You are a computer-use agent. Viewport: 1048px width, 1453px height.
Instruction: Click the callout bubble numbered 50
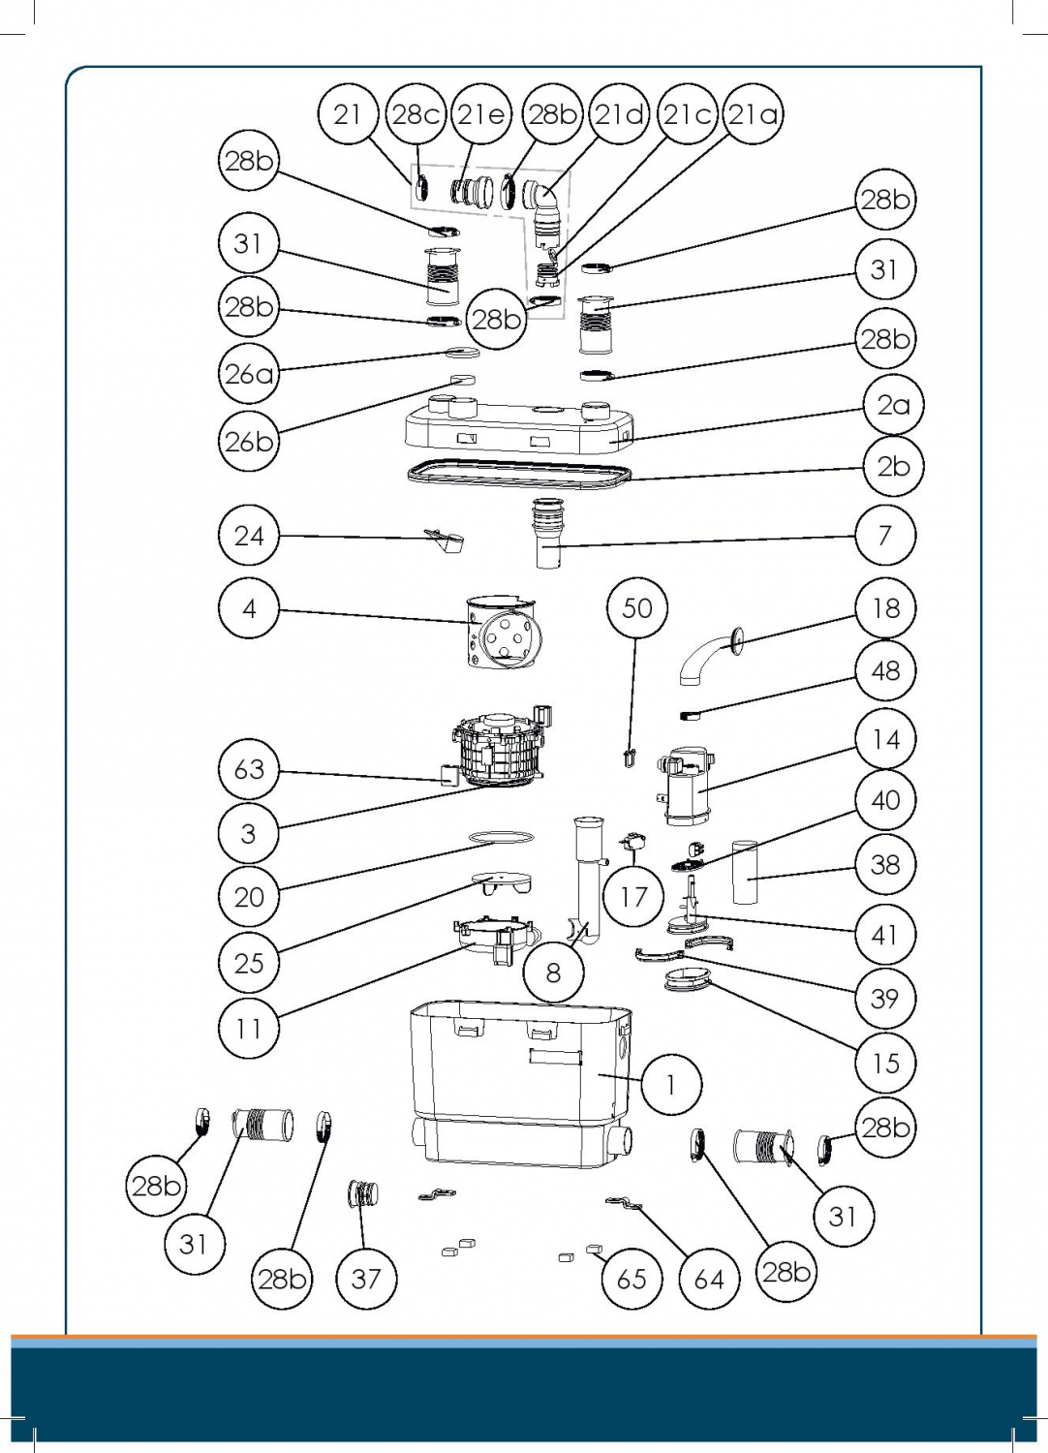[636, 608]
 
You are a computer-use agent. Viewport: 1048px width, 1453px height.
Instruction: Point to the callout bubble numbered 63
[249, 769]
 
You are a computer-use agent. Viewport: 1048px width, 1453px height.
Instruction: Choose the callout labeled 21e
[481, 114]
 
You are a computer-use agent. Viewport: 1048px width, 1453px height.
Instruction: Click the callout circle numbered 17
[632, 897]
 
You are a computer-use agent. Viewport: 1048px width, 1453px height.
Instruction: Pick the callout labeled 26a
[249, 373]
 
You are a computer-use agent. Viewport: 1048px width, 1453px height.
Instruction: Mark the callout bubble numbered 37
[366, 1279]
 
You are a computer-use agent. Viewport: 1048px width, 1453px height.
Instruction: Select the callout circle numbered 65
[632, 1279]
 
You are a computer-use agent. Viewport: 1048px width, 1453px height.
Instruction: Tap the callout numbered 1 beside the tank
[671, 1084]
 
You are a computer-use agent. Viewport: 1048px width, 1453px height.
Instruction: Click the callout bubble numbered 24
[249, 535]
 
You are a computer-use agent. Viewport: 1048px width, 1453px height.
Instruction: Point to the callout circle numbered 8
[553, 972]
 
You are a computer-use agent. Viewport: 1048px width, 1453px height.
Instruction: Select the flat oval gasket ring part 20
[501, 835]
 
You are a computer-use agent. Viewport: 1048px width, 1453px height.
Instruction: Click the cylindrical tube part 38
[745, 872]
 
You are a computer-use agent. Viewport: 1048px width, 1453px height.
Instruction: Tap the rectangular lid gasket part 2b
[518, 474]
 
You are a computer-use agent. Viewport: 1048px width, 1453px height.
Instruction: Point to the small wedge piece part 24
[445, 540]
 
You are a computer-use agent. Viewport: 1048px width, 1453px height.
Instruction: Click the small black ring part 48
[690, 716]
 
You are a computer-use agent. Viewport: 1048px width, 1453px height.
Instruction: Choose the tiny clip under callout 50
[630, 757]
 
